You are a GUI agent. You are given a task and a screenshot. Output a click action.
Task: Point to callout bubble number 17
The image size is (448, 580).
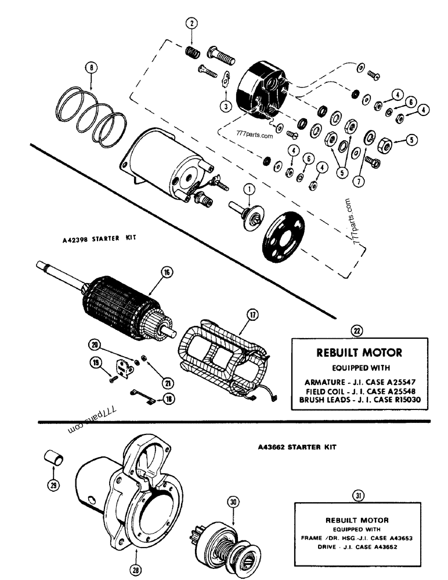click(252, 316)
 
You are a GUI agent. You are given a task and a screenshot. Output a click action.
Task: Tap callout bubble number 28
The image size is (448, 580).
click(136, 570)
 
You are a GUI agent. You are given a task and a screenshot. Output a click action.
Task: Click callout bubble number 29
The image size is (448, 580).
click(54, 485)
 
